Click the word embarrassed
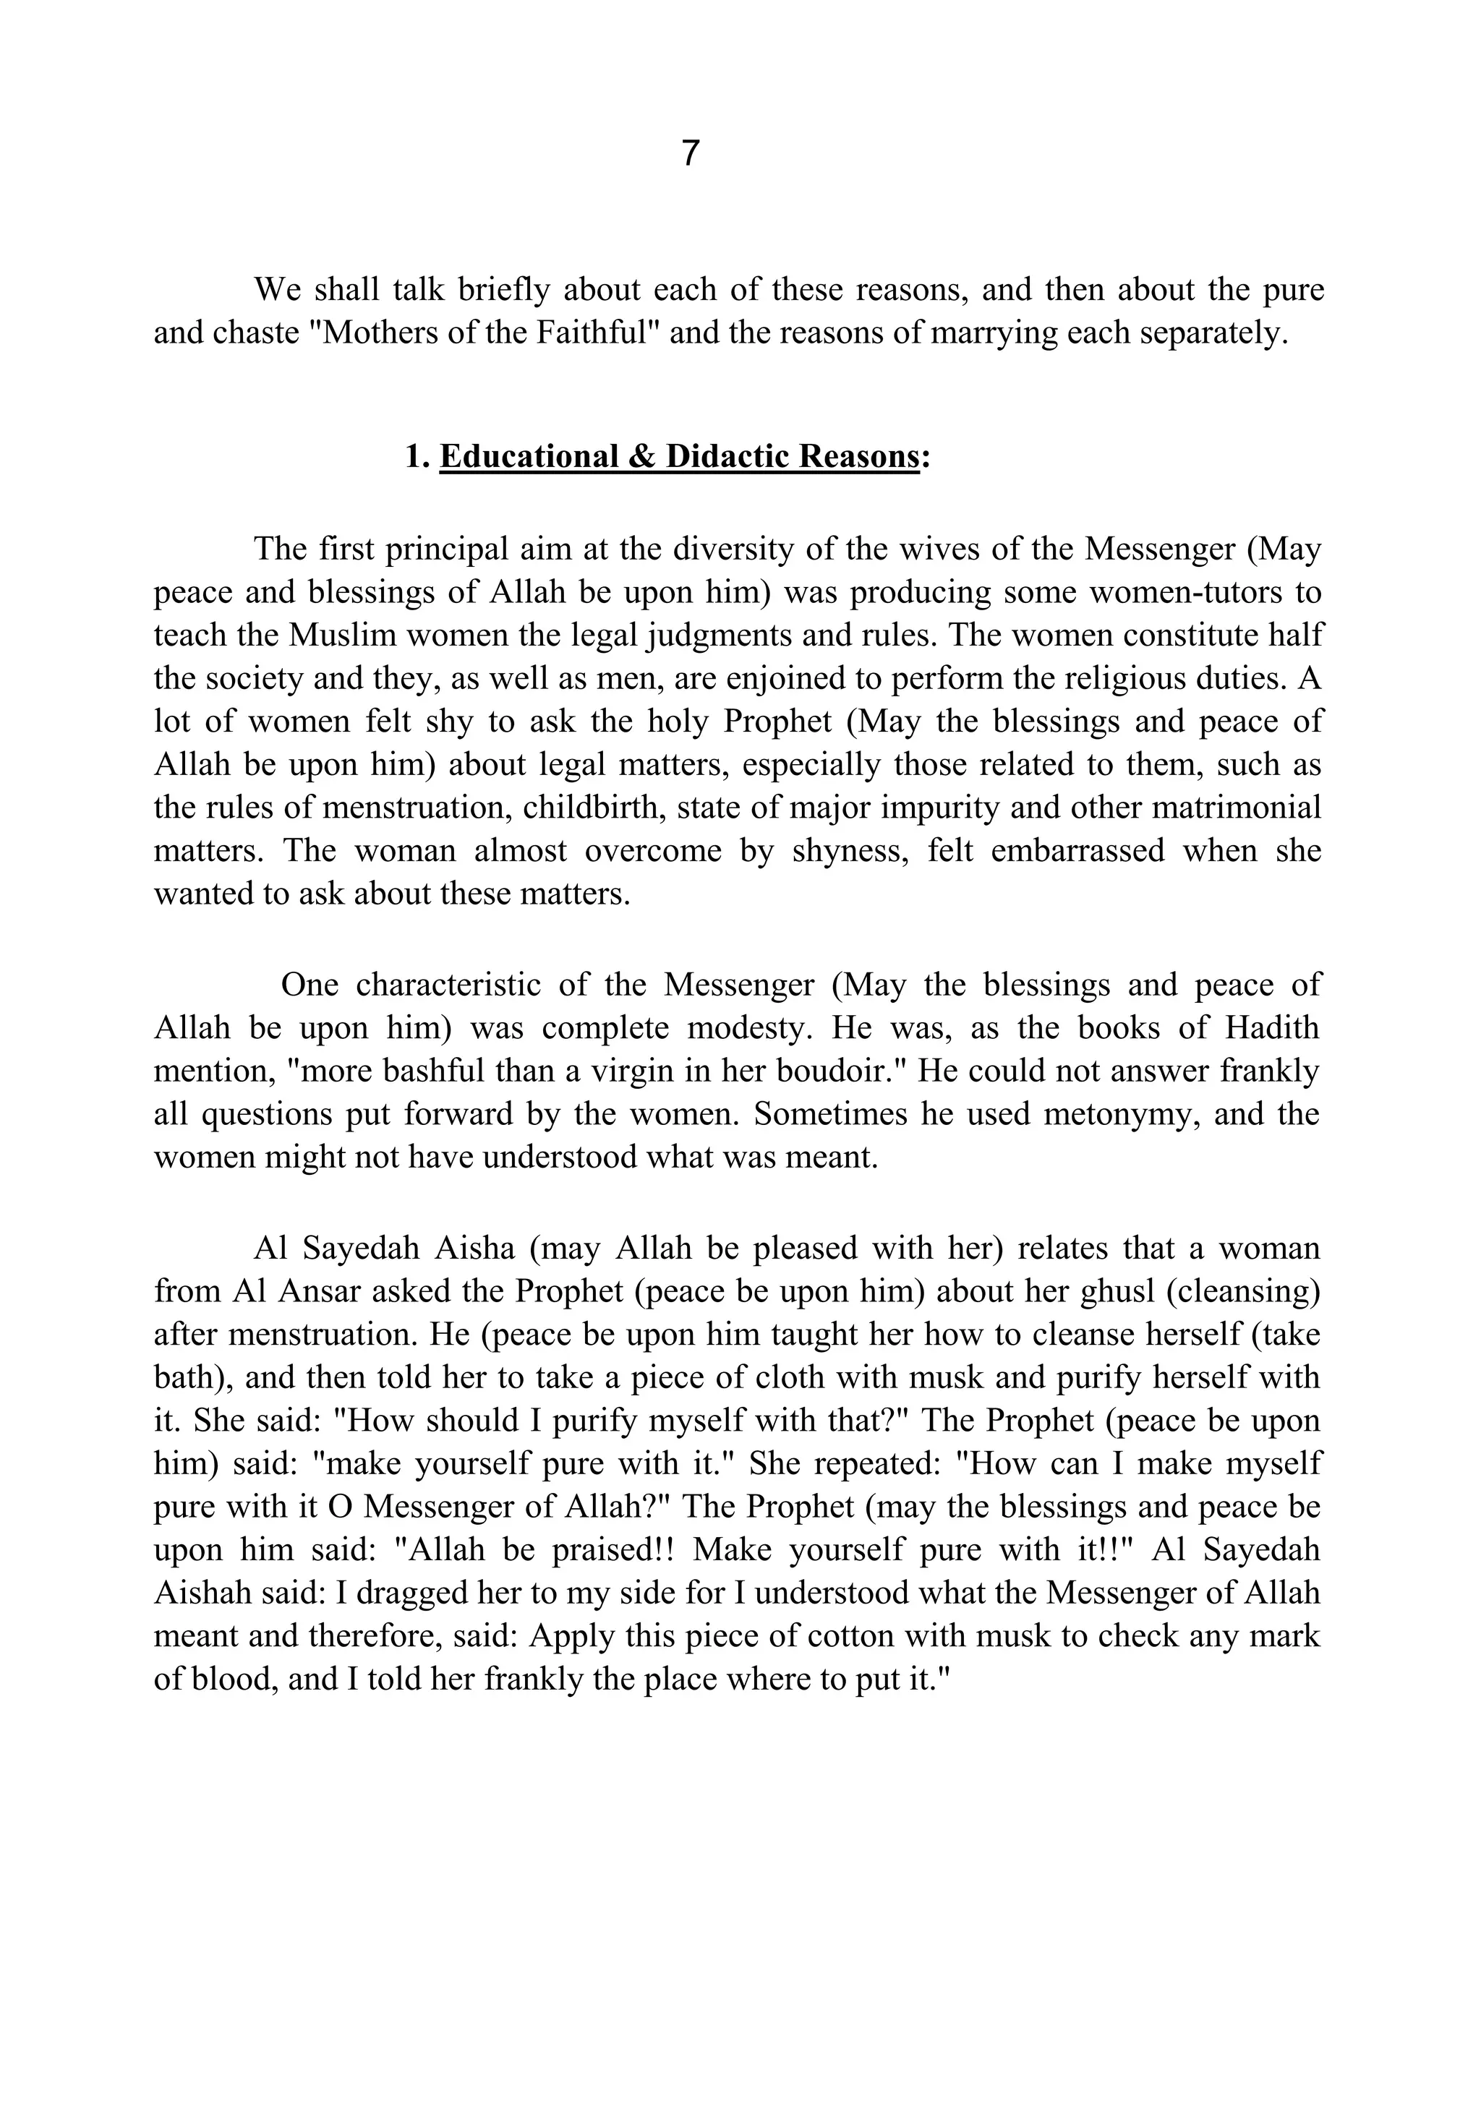click(x=1077, y=850)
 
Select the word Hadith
click(x=1272, y=1027)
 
